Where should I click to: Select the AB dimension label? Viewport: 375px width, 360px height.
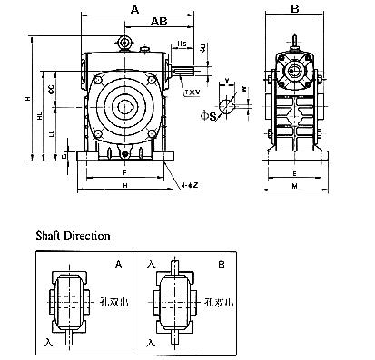coord(158,21)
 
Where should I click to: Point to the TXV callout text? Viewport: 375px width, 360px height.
coord(192,92)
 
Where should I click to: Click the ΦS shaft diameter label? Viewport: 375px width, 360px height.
coord(208,116)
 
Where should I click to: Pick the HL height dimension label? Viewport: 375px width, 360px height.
coord(38,118)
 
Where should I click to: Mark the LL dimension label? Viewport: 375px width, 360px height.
coord(50,133)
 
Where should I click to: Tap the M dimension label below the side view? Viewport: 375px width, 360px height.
coord(294,187)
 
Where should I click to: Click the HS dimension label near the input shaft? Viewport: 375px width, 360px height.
coord(182,44)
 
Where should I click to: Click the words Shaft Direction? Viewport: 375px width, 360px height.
coord(73,235)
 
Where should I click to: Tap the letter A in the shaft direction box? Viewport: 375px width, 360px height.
coord(119,266)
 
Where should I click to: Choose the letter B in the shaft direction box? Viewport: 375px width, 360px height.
coord(222,266)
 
